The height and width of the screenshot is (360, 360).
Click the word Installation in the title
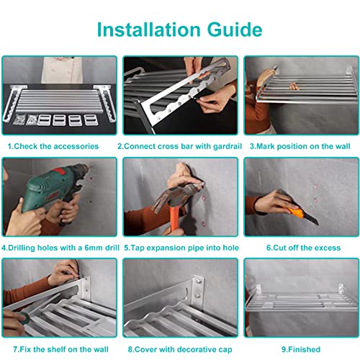[x=148, y=30]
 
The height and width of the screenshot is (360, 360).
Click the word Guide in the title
[x=235, y=30]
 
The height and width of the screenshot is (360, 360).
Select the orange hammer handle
[x=174, y=220]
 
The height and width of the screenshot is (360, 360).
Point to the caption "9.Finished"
[x=301, y=349]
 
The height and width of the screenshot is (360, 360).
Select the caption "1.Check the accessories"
[x=53, y=146]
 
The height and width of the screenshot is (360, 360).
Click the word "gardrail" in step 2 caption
[x=228, y=146]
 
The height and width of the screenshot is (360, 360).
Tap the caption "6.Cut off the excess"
[x=303, y=248]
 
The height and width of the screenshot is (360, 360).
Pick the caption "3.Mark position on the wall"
[x=300, y=146]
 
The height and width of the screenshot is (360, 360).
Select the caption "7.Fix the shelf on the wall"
[x=60, y=349]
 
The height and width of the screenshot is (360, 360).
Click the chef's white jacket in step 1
[x=62, y=70]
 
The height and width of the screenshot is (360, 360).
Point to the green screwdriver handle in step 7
[x=24, y=318]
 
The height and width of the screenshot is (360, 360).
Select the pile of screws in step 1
[x=19, y=120]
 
